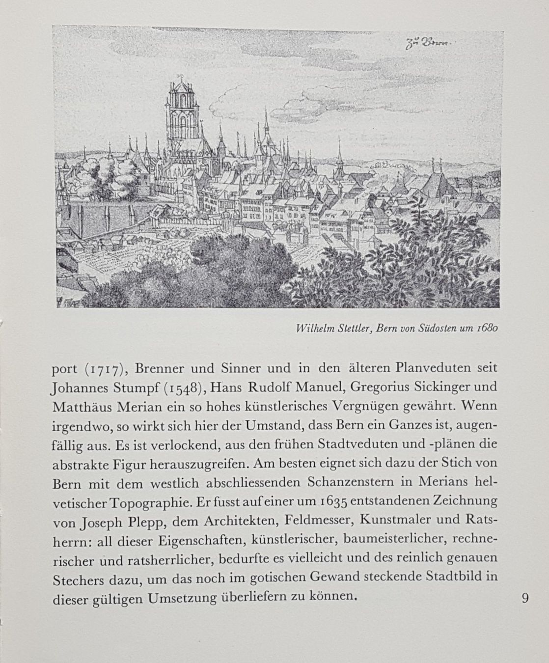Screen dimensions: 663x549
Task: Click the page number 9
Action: point(525,598)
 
